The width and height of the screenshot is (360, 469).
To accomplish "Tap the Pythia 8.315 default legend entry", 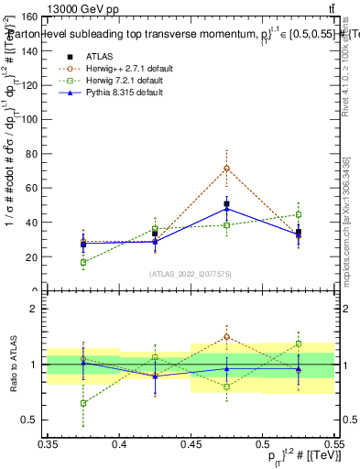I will click(125, 93).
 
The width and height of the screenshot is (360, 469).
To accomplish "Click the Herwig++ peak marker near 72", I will click(226, 169).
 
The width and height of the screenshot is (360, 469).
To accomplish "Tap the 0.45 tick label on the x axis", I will click(191, 443).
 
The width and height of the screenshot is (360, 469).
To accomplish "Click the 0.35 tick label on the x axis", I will click(48, 443).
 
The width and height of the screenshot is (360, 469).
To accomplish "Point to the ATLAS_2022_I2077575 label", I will click(191, 274).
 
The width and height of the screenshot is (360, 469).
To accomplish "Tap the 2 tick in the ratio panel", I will click(38, 309).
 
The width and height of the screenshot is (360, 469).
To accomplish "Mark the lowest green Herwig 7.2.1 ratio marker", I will click(83, 403).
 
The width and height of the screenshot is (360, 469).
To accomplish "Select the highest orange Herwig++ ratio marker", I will click(226, 336).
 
